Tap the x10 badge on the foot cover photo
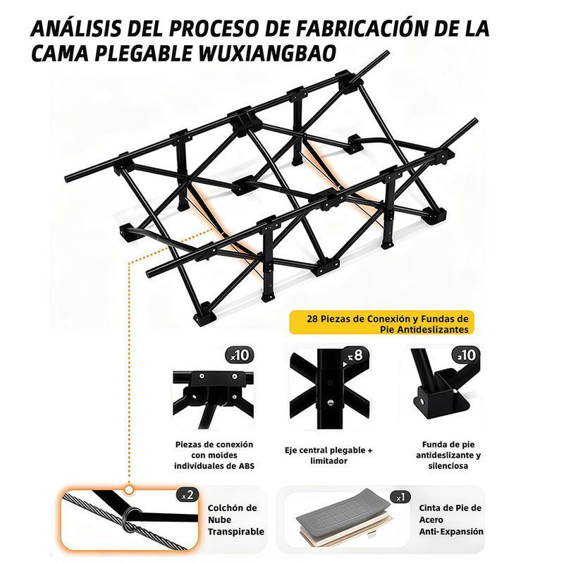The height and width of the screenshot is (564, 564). point(469,355)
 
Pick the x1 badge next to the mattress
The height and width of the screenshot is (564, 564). point(400,498)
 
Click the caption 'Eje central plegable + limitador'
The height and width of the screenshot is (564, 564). point(329,455)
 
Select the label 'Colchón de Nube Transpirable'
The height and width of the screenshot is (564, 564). point(232,519)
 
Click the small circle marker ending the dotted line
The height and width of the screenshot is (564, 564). point(128,489)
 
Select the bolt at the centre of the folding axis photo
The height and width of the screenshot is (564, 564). point(329,403)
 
